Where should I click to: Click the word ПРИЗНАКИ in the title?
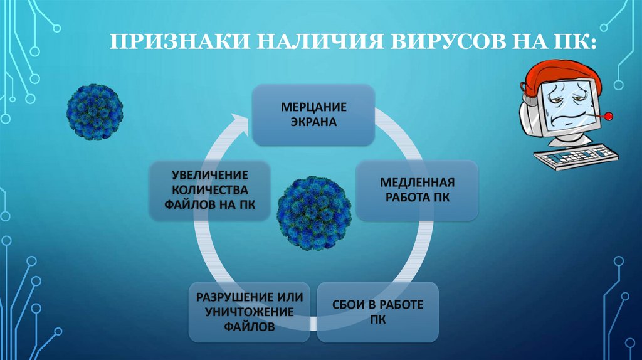click(180, 41)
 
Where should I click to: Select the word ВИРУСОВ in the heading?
click(448, 41)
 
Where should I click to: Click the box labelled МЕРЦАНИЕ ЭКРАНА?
click(313, 115)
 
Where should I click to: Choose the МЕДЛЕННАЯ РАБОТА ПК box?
click(417, 190)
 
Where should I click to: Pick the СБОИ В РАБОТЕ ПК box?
click(377, 312)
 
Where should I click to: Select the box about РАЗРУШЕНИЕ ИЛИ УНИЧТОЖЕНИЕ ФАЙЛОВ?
click(250, 312)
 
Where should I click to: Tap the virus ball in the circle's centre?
click(314, 213)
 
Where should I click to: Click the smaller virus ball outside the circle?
click(95, 112)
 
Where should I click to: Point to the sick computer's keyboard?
click(576, 156)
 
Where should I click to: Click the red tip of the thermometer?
click(608, 116)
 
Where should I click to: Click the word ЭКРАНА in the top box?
click(313, 122)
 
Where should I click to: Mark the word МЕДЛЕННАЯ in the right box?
click(417, 183)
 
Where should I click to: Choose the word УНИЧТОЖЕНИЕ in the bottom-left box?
click(250, 312)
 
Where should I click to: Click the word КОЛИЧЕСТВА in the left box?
click(209, 190)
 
